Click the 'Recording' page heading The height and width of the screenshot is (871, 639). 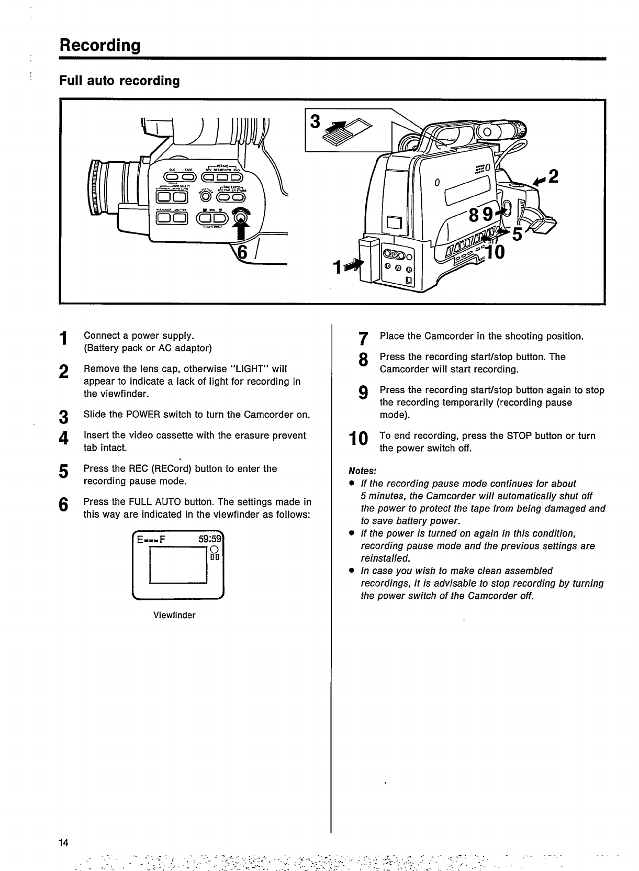click(100, 45)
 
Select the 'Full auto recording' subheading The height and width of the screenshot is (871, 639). click(119, 81)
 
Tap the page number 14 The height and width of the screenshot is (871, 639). click(64, 842)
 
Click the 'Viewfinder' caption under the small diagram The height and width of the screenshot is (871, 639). click(174, 615)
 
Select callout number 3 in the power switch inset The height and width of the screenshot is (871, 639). click(315, 121)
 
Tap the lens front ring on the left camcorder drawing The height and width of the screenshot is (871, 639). click(96, 187)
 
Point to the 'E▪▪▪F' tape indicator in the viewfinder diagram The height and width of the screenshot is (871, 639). click(151, 540)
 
